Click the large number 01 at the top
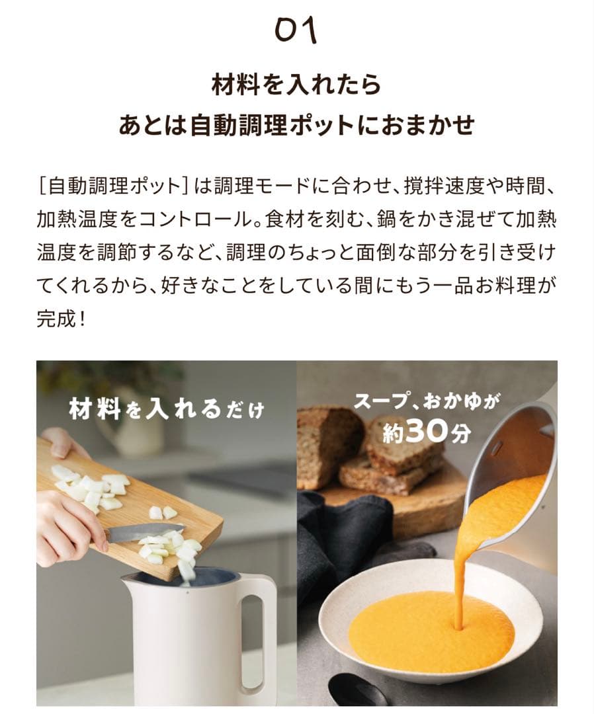(x=296, y=30)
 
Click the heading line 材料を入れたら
(x=296, y=85)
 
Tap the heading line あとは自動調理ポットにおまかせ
(x=296, y=124)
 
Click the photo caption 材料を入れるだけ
(x=166, y=409)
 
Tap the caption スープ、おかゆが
(x=427, y=401)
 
